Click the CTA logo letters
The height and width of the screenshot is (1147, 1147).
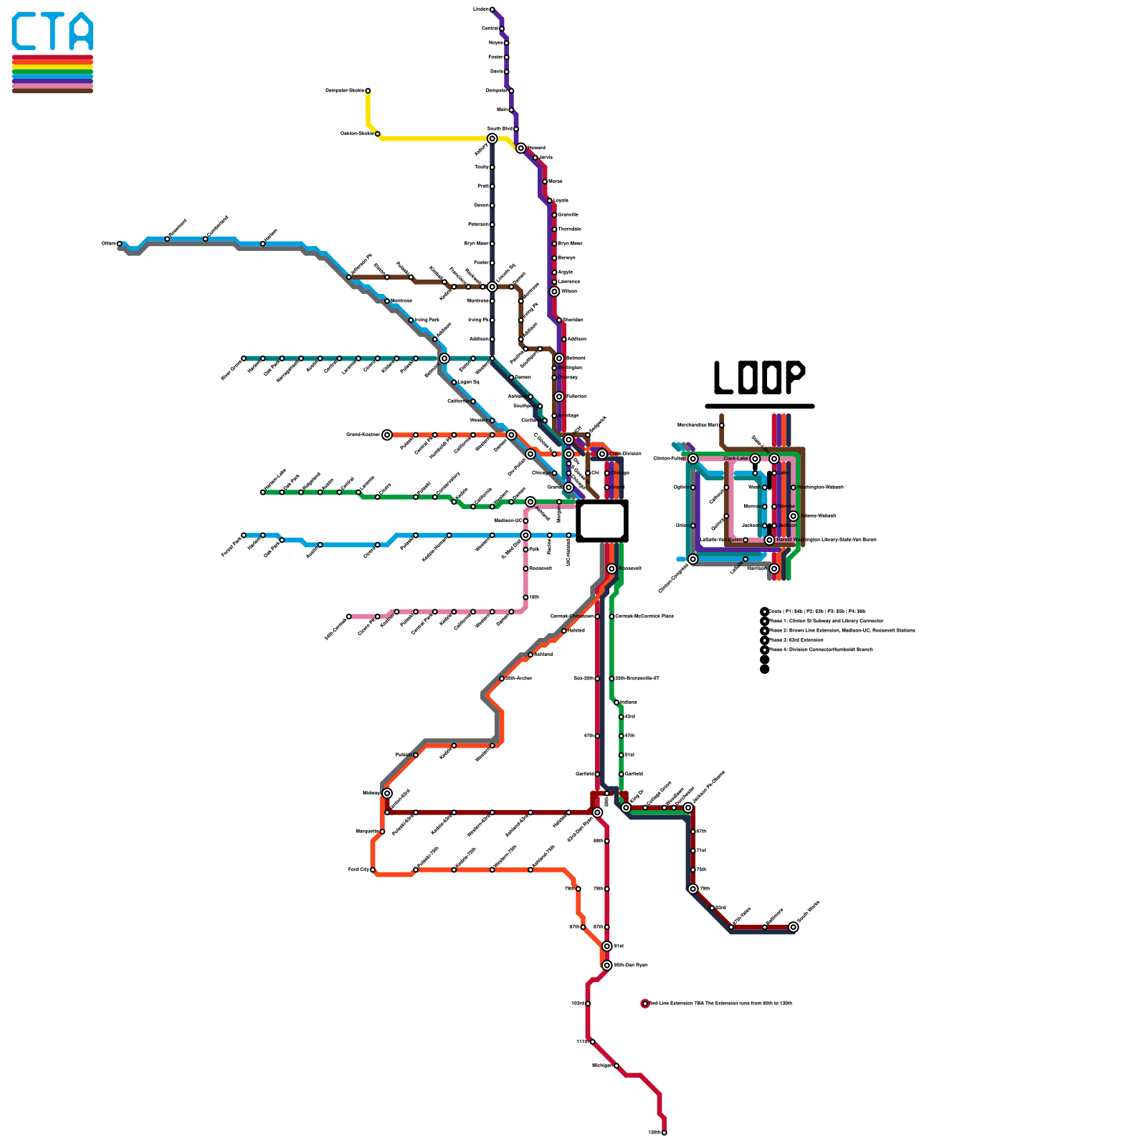[x=52, y=32]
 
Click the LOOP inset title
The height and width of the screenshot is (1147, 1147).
[x=759, y=378]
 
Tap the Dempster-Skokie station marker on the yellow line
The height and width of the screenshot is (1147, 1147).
[x=368, y=91]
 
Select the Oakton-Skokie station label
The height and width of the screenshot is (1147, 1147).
[x=357, y=133]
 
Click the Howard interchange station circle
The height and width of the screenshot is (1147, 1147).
[x=520, y=148]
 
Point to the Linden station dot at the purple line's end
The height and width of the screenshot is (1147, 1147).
[x=492, y=9]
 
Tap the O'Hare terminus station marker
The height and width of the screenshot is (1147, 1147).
[x=119, y=244]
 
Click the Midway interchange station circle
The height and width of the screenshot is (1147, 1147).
[x=387, y=793]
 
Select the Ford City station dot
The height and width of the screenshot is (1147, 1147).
[x=373, y=870]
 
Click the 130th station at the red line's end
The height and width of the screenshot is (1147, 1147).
[x=665, y=1133]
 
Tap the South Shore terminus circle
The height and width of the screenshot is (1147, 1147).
[x=793, y=927]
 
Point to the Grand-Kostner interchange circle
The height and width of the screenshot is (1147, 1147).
[x=387, y=434]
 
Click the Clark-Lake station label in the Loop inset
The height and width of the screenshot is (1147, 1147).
[x=736, y=459]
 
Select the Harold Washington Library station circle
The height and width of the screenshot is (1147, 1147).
[x=769, y=540]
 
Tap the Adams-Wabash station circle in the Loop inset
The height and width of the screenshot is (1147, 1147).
[x=793, y=516]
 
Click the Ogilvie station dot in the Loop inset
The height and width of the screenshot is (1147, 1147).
[x=693, y=487]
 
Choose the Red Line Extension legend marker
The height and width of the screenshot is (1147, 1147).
[x=645, y=1004]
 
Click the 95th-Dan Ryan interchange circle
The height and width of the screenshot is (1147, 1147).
[x=607, y=965]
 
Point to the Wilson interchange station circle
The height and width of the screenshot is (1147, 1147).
[x=554, y=292]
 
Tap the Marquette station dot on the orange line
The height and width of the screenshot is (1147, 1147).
[x=382, y=832]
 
